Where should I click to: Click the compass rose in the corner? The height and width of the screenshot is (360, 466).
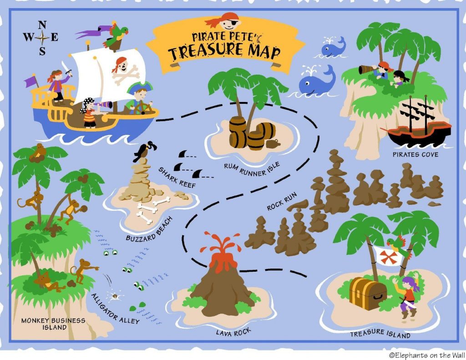click(42, 38)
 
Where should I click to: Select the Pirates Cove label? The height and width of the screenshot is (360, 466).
click(415, 155)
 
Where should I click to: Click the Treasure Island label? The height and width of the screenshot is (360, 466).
click(380, 335)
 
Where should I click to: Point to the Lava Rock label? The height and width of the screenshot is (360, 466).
click(234, 332)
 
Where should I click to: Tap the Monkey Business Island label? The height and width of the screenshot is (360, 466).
click(53, 324)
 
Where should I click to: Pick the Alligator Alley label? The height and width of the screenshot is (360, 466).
click(115, 309)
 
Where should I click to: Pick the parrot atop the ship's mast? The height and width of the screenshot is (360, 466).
click(116, 35)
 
